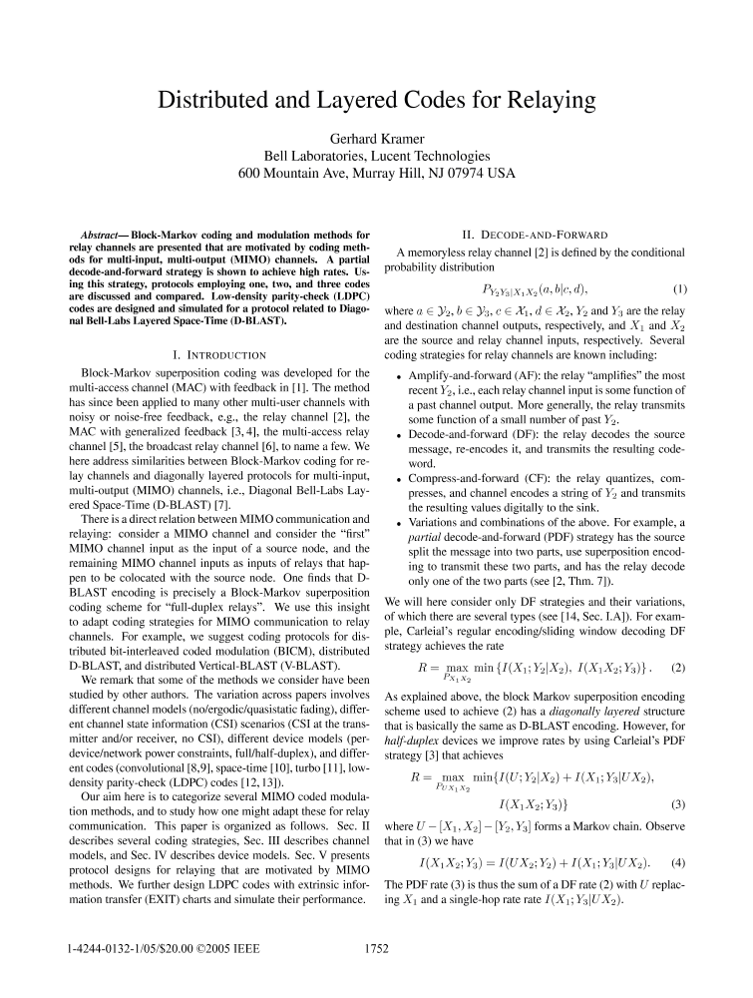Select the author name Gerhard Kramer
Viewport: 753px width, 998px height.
pos(376,138)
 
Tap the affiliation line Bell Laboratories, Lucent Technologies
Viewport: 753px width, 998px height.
pos(376,156)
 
